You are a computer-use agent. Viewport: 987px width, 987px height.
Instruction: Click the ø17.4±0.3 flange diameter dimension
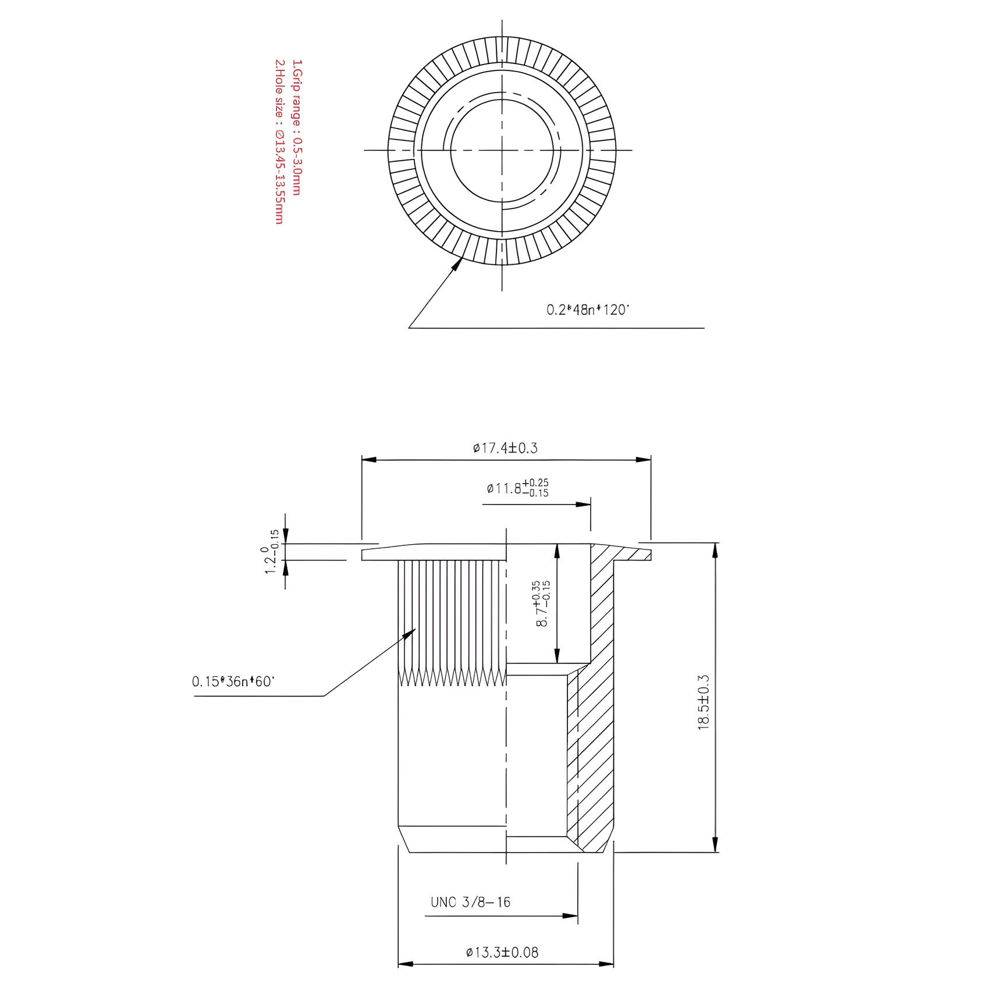click(x=505, y=448)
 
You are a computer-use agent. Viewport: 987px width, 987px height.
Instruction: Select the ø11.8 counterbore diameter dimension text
click(x=517, y=488)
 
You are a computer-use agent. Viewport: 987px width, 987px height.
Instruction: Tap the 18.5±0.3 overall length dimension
click(x=704, y=702)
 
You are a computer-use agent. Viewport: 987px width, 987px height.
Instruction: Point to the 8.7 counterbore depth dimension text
click(x=542, y=603)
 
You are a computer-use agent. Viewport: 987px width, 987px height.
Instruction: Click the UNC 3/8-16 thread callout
click(x=470, y=902)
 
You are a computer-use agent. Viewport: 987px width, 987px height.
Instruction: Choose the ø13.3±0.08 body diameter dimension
click(x=502, y=952)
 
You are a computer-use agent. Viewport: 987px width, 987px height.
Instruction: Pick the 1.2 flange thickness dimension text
click(x=271, y=552)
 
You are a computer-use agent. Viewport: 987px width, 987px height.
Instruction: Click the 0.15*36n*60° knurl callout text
click(x=233, y=681)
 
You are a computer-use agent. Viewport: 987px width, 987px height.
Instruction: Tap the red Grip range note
click(x=297, y=127)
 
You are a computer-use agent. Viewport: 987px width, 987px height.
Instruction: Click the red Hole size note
click(x=279, y=141)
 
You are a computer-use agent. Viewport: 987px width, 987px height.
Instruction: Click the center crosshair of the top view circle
click(x=502, y=150)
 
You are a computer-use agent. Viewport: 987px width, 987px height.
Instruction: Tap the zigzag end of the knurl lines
click(x=451, y=676)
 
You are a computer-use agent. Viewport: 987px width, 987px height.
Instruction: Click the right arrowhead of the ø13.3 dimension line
click(x=608, y=964)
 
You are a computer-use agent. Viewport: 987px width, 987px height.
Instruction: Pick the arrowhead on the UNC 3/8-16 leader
click(x=571, y=916)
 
